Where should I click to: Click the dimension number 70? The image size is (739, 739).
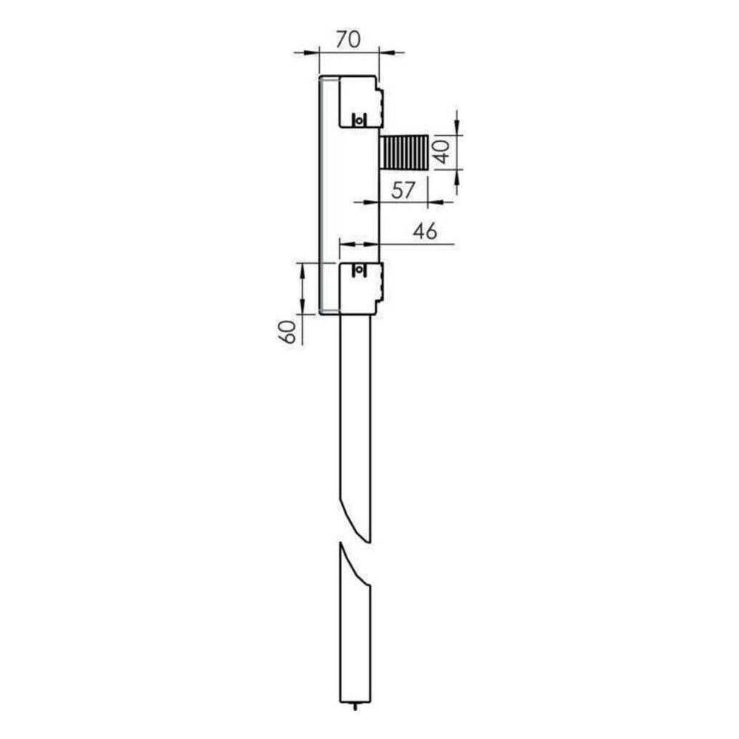pyautogui.click(x=349, y=40)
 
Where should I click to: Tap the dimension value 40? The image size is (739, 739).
pyautogui.click(x=443, y=151)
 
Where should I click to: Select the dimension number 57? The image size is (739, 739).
pyautogui.click(x=403, y=191)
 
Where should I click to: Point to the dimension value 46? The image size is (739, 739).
pyautogui.click(x=425, y=231)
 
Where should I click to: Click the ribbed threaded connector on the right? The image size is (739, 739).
pyautogui.click(x=404, y=151)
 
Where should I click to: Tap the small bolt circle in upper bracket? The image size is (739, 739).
pyautogui.click(x=359, y=120)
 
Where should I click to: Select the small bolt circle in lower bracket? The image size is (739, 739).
pyautogui.click(x=359, y=270)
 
